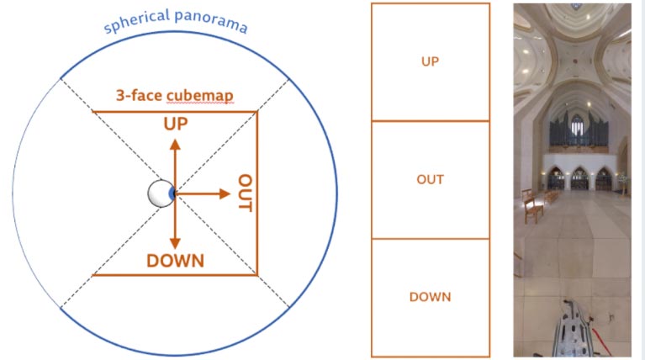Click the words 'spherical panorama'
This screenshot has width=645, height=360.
(175, 21)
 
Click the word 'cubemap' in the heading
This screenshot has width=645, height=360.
(200, 96)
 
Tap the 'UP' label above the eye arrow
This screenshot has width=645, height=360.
(176, 124)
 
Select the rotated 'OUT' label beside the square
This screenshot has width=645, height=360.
(246, 193)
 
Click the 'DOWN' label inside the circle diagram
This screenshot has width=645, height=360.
(175, 261)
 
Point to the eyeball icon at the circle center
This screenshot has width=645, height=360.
(161, 193)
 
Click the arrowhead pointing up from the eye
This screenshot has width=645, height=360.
(175, 145)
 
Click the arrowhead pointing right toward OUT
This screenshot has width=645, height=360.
(225, 193)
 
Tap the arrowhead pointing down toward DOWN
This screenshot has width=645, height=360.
(175, 243)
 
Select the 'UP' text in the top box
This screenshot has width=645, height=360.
(431, 61)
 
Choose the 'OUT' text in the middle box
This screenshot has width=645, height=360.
(431, 179)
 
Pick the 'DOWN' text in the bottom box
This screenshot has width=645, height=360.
(431, 297)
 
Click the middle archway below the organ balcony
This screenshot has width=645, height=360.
(579, 178)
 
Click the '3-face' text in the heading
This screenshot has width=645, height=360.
(139, 95)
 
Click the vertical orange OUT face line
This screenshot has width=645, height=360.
(257, 193)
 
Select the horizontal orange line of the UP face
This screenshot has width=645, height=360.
(175, 112)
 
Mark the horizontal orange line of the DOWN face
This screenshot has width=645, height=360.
(175, 275)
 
